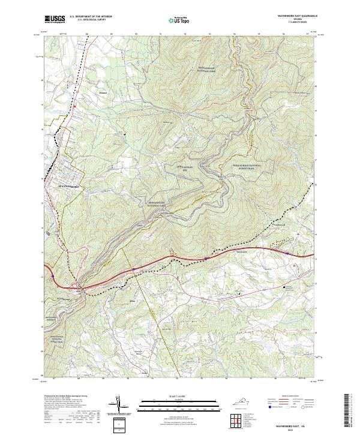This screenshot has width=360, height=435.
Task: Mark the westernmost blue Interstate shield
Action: pyautogui.click(x=53, y=277)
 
